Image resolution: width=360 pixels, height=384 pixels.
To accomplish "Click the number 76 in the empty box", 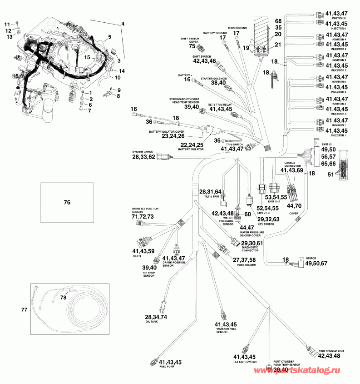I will pos(67,203).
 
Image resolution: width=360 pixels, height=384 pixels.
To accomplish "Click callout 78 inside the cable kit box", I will pos(63,297).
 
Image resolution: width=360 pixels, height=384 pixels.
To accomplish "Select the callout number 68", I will pos(278,21).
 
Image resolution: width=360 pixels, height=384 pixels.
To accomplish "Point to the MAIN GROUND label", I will pos(237,28).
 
